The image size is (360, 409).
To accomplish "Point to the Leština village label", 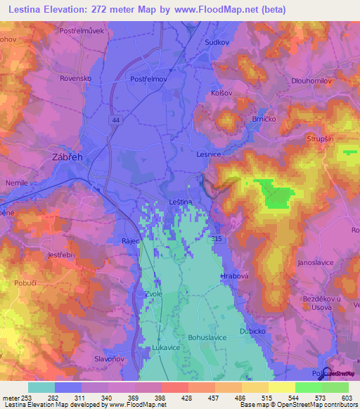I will click(x=181, y=202).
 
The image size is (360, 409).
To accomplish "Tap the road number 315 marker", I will click(x=217, y=240).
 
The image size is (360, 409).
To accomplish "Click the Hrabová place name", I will click(x=236, y=276).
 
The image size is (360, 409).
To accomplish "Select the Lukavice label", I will click(x=167, y=348).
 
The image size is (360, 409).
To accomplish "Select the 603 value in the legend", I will click(x=347, y=398).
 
